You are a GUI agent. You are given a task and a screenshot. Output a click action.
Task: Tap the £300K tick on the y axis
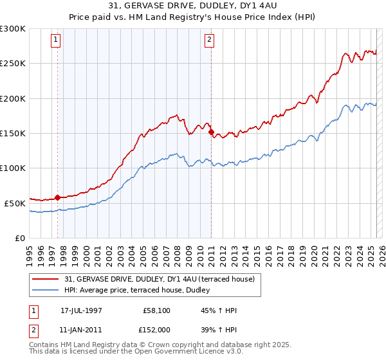(x=13, y=29)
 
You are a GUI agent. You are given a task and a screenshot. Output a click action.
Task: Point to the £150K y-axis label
(x=13, y=133)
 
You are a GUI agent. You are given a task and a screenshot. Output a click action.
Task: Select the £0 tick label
(x=20, y=238)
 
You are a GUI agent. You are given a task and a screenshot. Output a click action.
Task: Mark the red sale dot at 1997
(x=58, y=197)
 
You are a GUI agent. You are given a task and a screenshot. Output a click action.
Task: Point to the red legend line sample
(x=46, y=279)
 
